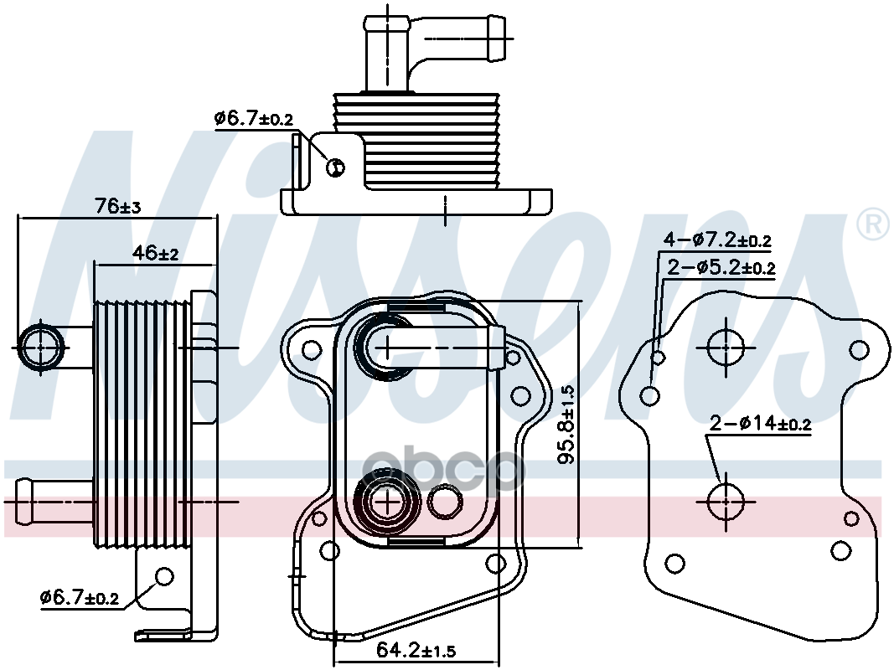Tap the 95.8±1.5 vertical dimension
point(568,425)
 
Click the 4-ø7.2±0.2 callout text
point(717,241)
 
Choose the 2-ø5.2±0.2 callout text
point(721,269)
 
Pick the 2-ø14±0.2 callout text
point(760,424)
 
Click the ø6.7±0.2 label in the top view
point(253,119)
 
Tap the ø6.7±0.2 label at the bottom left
point(80,598)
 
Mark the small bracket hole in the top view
point(335,167)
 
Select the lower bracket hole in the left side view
point(164,576)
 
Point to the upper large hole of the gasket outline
point(725,345)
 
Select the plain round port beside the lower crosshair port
point(444,502)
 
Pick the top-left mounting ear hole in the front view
point(312,348)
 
